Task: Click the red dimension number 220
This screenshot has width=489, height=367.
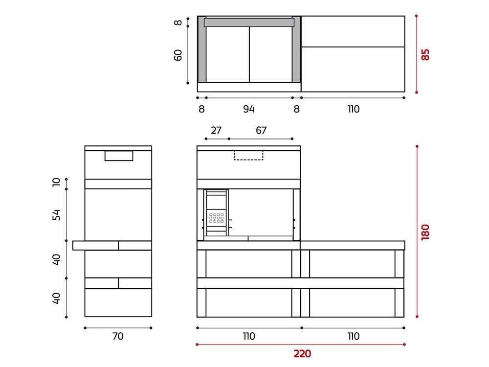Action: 302,354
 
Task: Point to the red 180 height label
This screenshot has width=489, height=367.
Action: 425,232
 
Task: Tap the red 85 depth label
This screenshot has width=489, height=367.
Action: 425,55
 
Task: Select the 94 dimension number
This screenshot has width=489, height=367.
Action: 249,109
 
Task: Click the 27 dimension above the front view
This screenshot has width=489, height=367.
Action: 216,130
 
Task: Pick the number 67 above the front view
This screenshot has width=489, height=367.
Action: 261,130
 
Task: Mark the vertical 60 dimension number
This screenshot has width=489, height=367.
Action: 178,55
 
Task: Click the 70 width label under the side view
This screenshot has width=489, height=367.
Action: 118,336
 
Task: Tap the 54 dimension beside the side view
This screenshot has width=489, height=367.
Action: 56,215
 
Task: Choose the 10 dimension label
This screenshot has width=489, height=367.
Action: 56,182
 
